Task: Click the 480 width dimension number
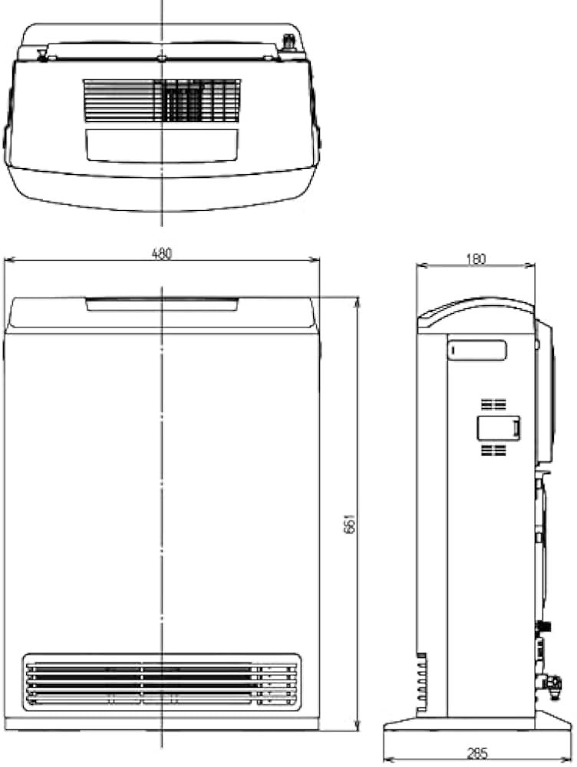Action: click(x=161, y=254)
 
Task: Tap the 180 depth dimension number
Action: click(x=476, y=259)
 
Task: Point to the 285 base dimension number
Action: click(x=476, y=755)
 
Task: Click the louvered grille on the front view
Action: click(x=161, y=680)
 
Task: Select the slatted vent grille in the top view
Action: click(x=162, y=100)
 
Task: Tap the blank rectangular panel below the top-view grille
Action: click(x=162, y=145)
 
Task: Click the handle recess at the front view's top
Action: click(x=161, y=304)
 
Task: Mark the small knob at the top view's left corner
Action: click(x=41, y=54)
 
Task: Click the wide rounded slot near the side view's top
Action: click(x=478, y=351)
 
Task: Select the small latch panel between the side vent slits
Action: click(x=499, y=427)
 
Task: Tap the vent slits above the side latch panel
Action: click(x=493, y=403)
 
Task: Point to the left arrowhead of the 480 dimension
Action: click(x=7, y=261)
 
